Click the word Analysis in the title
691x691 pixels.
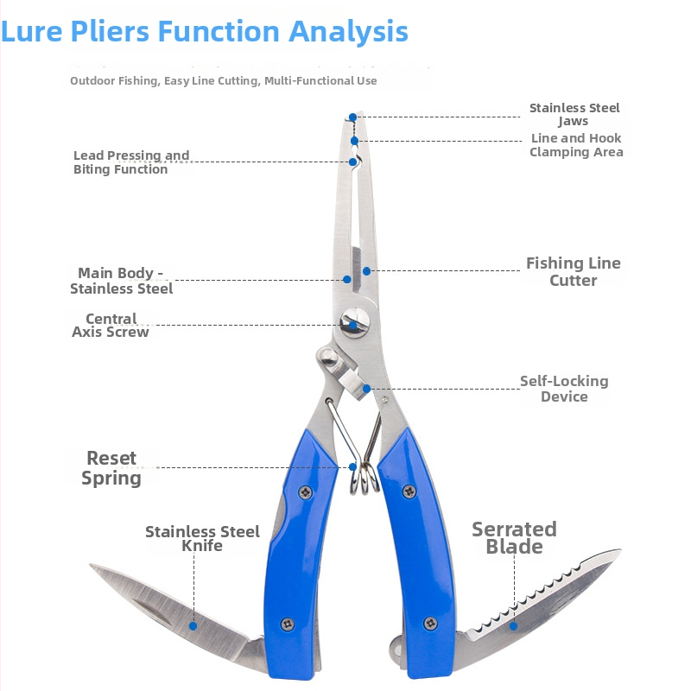(x=348, y=32)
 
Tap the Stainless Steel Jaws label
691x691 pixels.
(x=574, y=115)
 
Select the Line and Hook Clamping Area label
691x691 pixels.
(x=576, y=145)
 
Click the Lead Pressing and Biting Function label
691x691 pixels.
(x=131, y=162)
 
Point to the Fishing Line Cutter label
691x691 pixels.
(x=574, y=271)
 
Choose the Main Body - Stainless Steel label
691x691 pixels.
(x=121, y=281)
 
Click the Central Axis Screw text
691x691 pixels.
(x=111, y=326)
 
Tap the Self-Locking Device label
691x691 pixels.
(x=564, y=389)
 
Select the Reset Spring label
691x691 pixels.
(x=111, y=468)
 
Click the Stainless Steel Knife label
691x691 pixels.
(x=202, y=538)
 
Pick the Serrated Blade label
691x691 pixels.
(x=514, y=537)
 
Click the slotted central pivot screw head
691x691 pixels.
(x=354, y=322)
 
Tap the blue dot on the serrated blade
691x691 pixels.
(x=513, y=625)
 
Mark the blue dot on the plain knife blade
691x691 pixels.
(x=193, y=625)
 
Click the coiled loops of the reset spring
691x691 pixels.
(x=365, y=479)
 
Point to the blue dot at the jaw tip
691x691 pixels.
(x=353, y=117)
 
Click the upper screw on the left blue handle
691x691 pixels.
(x=306, y=492)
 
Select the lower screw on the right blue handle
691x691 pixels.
(x=430, y=623)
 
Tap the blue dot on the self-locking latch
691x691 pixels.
(x=366, y=389)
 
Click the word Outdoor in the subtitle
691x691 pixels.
(x=92, y=80)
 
